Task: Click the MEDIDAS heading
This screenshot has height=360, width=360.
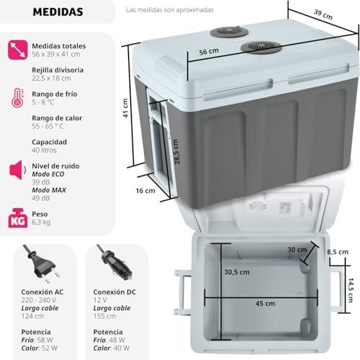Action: [x=58, y=12]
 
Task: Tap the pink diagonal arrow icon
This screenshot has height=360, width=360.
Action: [x=17, y=50]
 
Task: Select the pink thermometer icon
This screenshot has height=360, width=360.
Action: [x=18, y=98]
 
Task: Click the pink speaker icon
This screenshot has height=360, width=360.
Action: [x=18, y=170]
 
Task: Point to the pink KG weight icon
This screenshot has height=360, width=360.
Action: [x=17, y=218]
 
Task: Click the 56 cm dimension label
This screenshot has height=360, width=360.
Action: [x=209, y=51]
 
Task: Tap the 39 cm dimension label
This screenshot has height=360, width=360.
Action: [x=323, y=14]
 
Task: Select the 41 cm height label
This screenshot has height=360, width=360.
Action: [x=125, y=108]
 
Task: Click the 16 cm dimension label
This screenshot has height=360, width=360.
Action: [x=145, y=191]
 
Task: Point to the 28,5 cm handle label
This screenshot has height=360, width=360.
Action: [x=176, y=152]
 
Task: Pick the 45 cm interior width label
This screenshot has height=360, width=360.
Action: [x=265, y=303]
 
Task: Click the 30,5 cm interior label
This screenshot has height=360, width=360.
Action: [x=237, y=272]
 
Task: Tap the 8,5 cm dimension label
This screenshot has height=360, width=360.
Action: [x=338, y=252]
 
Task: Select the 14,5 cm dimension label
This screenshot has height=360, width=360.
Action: [x=351, y=290]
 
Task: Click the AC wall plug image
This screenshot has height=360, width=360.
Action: [x=41, y=264]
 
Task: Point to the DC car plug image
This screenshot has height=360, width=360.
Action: [x=114, y=262]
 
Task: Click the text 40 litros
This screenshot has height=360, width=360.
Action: [x=44, y=150]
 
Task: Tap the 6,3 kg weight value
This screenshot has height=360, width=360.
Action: [x=41, y=222]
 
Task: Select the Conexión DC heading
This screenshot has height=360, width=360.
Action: [x=114, y=292]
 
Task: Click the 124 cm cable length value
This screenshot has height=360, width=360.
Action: [x=32, y=316]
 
